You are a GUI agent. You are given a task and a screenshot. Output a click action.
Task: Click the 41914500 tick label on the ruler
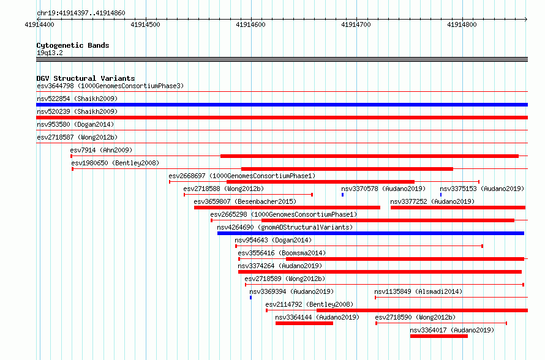pos(145,24)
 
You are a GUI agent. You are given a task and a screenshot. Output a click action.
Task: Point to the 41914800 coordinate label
pos(462,24)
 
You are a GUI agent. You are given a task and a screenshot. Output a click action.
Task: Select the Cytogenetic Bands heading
pos(73,45)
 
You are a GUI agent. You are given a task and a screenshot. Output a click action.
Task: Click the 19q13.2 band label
pos(50,53)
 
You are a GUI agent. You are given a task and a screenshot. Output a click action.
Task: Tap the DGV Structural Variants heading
pos(86,78)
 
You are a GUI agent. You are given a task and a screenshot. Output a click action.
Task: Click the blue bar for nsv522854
pos(282,105)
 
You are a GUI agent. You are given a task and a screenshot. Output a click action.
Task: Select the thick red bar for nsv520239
pos(282,118)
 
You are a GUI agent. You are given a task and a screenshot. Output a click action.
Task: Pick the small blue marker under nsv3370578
pos(342,195)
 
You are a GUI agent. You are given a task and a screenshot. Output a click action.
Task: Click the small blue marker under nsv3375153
pos(441,195)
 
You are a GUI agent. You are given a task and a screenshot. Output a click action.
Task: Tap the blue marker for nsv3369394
pos(250,298)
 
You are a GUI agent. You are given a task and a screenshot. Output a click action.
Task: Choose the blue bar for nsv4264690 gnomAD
pos(370,233)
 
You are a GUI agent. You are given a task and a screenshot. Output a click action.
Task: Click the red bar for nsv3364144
pos(304,323)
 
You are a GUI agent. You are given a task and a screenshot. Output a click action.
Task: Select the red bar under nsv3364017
pos(438,336)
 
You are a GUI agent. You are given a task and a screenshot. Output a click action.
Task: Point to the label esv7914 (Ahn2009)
pos(101,150)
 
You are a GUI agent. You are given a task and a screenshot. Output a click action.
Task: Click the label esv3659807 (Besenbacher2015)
pos(245,201)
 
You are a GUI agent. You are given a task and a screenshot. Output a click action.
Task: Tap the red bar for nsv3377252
pos(458,208)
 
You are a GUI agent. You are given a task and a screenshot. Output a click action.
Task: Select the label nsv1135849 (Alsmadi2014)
pos(418,291)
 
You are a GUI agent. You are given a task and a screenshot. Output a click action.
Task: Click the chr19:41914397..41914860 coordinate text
pos(81,13)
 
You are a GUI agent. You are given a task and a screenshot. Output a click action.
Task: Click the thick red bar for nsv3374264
pos(380,272)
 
